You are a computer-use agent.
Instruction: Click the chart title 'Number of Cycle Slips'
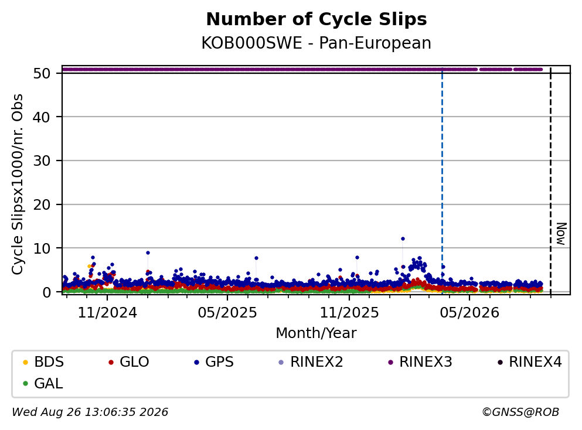point(316,19)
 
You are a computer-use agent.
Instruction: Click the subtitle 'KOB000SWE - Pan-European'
point(316,43)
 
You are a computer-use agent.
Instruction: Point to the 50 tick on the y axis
point(42,73)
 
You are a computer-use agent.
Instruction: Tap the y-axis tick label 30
point(42,161)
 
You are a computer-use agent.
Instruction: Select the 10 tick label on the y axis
point(42,248)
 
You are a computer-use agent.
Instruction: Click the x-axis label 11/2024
point(107,313)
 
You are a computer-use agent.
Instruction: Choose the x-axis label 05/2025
point(227,313)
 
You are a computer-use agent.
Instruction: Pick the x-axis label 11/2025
point(349,313)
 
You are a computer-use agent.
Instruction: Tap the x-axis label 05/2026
point(469,313)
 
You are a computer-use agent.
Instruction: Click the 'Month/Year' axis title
point(316,333)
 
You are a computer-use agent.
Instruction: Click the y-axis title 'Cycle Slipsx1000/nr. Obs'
point(18,185)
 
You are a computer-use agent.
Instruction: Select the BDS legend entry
point(43,361)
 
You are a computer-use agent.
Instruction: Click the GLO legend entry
point(129,361)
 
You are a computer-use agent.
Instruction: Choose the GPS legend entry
point(214,361)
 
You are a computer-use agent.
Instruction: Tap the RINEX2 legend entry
point(311,361)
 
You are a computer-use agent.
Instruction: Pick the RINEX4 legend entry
point(530,361)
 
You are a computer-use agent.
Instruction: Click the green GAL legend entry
point(43,383)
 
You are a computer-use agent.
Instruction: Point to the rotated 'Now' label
point(561,234)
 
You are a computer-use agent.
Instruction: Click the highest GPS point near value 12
point(403,239)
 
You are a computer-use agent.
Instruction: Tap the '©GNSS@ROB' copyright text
point(520,412)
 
